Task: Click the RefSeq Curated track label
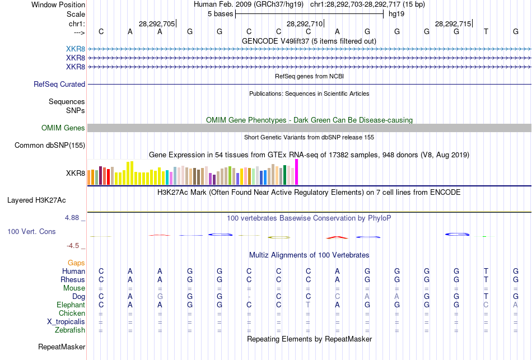[59, 84]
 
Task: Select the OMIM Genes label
[63, 128]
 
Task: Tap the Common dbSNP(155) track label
[49, 146]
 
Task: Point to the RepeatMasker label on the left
[62, 347]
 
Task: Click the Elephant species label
[71, 305]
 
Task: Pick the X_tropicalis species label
[66, 322]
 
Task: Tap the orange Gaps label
[76, 263]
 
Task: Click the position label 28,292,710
[305, 24]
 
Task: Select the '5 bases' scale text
[220, 13]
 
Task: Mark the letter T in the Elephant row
[307, 305]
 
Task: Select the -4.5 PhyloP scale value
[73, 245]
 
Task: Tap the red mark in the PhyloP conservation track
[338, 237]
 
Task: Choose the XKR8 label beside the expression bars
[76, 173]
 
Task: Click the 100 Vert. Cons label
[31, 231]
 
